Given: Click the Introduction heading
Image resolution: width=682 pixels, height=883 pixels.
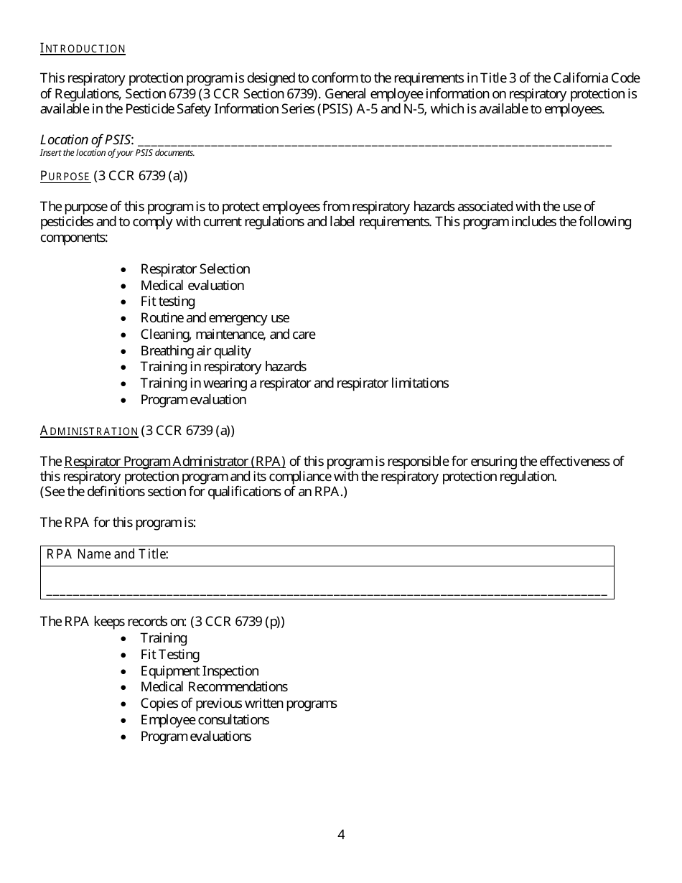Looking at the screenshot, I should coord(83,49).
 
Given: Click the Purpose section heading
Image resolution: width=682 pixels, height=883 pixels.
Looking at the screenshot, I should coord(65,176).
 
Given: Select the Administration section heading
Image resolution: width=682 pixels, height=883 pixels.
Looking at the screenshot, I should coord(89,431).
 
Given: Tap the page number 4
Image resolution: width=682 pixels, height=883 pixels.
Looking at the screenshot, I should coord(341,834).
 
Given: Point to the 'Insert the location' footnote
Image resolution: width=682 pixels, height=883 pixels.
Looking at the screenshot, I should coord(117,153).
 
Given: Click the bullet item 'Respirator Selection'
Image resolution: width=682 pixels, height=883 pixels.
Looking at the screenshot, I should coord(195,269).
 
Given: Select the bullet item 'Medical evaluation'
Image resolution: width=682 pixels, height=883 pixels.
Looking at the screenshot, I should coord(192,286).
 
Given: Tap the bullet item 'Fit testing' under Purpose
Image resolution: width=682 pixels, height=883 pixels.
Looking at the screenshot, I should coord(167,302).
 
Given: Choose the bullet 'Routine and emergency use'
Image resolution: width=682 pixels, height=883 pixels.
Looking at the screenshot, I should coord(215,318).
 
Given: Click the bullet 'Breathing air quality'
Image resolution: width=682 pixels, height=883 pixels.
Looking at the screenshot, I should coord(195,351).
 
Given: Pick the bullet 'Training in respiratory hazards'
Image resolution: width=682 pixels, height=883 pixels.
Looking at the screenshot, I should coord(223,367).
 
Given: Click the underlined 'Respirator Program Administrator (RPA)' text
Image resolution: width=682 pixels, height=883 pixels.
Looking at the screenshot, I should coord(174,461).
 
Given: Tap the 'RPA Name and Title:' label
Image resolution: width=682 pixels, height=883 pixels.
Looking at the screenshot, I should coord(108,554).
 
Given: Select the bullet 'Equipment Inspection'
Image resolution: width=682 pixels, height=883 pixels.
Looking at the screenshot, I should coord(200,671).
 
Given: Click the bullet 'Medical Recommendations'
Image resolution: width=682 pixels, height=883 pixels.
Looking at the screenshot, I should coord(214,687).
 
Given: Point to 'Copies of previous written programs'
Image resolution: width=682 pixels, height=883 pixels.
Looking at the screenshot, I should coord(238,704).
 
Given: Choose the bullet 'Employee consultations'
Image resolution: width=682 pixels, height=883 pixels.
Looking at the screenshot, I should coord(205,720).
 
